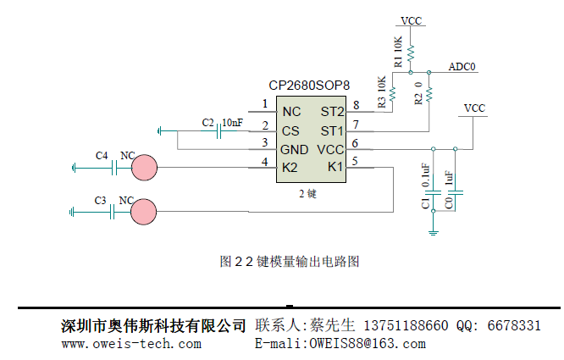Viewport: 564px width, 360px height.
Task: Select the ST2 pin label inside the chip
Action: (x=332, y=112)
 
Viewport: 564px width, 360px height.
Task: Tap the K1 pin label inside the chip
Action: (x=335, y=166)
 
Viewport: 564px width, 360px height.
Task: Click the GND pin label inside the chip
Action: (x=295, y=149)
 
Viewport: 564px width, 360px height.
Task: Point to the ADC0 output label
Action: (x=462, y=67)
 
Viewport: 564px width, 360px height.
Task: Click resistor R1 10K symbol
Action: (x=410, y=55)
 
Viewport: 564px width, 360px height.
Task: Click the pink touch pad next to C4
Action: (x=145, y=167)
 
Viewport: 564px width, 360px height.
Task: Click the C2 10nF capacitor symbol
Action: (x=219, y=130)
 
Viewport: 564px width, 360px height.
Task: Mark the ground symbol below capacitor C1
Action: (x=434, y=230)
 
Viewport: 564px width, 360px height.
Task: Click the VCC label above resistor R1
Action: (x=411, y=20)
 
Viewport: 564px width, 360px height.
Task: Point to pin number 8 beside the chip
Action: (x=356, y=105)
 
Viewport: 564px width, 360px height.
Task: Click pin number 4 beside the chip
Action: (x=265, y=161)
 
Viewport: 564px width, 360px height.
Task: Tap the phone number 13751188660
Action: (x=406, y=326)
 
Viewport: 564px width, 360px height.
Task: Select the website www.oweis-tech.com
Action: (x=131, y=344)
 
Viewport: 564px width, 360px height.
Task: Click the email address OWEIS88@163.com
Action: (x=368, y=344)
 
